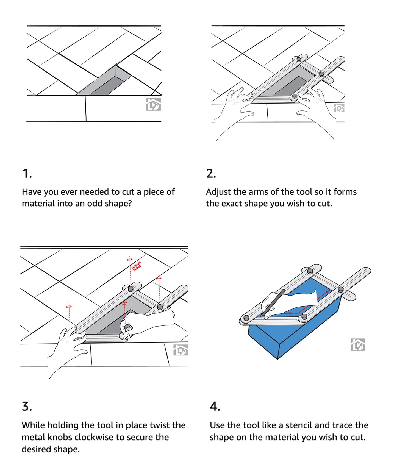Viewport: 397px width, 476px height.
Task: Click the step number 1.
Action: [x=26, y=174]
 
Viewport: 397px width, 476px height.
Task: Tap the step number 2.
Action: [x=211, y=174]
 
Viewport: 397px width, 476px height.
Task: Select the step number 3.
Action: [x=27, y=406]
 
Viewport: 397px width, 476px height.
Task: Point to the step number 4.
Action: [x=215, y=406]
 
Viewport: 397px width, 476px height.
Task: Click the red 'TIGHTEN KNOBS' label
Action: [x=137, y=266]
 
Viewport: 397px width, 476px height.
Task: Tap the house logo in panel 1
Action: [x=153, y=104]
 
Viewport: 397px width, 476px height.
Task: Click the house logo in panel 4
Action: [x=358, y=344]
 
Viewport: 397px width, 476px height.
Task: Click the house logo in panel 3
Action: [x=181, y=350]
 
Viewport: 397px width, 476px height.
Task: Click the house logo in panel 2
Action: [x=339, y=108]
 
